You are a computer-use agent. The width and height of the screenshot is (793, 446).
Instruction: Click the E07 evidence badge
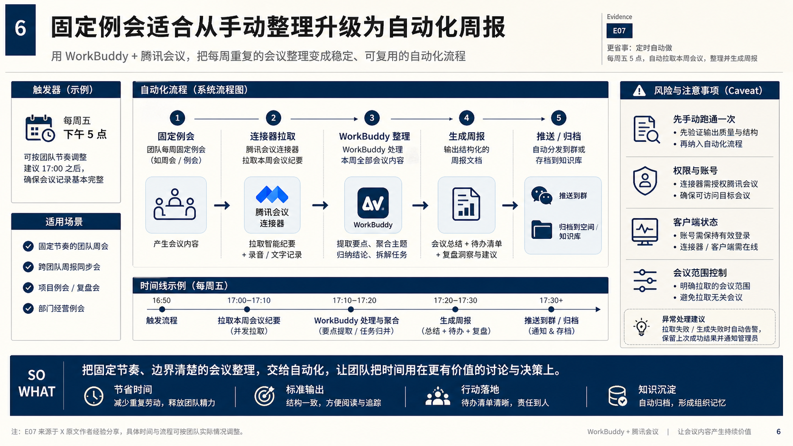pos(619,31)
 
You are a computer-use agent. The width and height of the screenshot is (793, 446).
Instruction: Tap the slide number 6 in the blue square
pos(20,28)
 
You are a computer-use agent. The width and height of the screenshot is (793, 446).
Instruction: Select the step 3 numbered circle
pos(372,118)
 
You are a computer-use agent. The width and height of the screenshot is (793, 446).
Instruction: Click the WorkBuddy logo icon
pos(373,203)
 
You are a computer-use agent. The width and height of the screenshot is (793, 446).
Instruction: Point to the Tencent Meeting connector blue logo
pos(272,194)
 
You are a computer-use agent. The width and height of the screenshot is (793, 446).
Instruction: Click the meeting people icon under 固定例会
pos(175,204)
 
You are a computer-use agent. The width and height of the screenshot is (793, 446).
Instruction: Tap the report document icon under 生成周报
pos(466,204)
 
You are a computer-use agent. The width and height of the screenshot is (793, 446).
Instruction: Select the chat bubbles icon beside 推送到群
pos(542,195)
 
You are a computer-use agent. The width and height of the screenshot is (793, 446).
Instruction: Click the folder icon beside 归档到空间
pos(542,230)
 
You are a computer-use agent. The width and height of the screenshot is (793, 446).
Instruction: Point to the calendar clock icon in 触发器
pos(40,128)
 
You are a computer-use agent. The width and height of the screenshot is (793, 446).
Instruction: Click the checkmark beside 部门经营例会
pos(28,309)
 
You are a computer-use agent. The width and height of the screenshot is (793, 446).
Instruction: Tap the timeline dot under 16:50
pos(162,309)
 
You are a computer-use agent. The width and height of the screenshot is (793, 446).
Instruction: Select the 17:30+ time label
pos(551,300)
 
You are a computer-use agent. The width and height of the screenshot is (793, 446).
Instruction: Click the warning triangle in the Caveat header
pos(639,91)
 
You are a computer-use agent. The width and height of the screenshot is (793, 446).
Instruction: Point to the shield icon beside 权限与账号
pos(645,181)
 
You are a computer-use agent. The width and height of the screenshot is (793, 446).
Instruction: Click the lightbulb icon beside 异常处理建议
pos(641,327)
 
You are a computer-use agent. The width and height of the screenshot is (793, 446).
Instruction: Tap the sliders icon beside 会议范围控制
pos(645,281)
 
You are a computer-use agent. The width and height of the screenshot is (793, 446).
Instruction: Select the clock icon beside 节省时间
pos(94,396)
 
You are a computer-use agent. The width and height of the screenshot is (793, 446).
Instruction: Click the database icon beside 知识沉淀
pos(618,396)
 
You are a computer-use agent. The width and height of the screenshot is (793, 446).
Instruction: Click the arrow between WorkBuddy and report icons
pos(420,205)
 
